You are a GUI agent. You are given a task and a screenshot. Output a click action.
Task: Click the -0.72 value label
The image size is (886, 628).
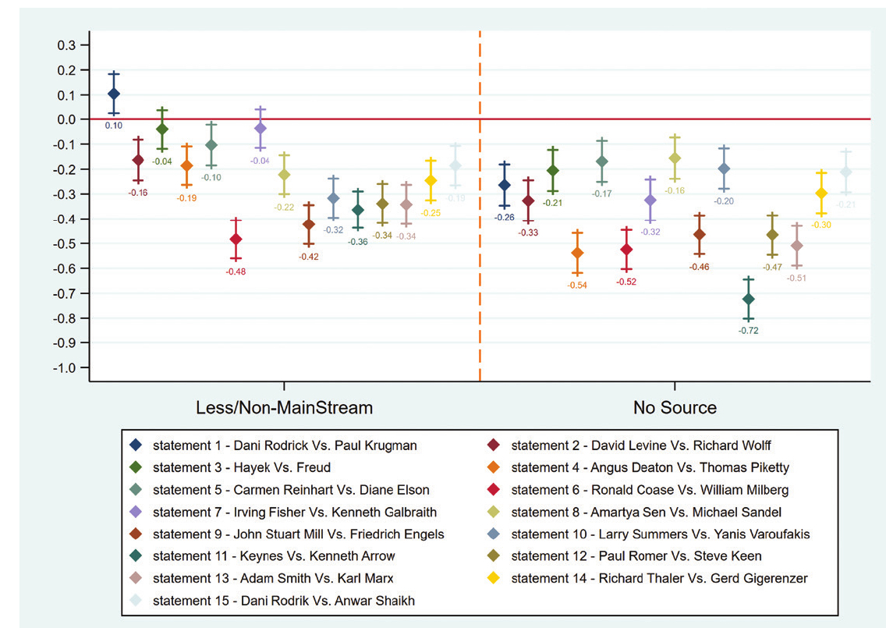(749, 331)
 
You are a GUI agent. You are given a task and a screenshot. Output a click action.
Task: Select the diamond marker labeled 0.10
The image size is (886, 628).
(114, 94)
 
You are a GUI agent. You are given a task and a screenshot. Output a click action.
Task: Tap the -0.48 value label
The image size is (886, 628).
(236, 271)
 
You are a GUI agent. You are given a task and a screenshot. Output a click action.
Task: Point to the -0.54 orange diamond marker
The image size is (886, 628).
(577, 253)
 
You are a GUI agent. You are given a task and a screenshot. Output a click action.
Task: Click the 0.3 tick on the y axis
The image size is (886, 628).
(66, 45)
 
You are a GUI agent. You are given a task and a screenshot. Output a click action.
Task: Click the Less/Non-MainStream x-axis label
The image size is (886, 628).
(283, 407)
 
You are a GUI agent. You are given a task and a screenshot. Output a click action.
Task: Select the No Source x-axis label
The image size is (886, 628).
(674, 407)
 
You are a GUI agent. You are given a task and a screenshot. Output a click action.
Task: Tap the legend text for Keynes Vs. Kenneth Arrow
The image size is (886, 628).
(274, 556)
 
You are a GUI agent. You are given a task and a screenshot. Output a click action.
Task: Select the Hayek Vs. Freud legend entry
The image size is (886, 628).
(242, 467)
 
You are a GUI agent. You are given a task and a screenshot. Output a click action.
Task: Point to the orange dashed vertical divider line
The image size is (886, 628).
(479, 234)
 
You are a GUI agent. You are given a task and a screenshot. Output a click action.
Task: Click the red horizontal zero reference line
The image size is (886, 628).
(312, 119)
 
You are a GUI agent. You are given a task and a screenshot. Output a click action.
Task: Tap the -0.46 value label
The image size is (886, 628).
(700, 267)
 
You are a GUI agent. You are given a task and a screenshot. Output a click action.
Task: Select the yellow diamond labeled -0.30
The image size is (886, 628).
(821, 193)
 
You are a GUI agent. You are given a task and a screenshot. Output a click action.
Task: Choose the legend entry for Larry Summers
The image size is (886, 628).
(659, 534)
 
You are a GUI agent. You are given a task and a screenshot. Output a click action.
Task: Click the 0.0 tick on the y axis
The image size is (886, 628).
(66, 119)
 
